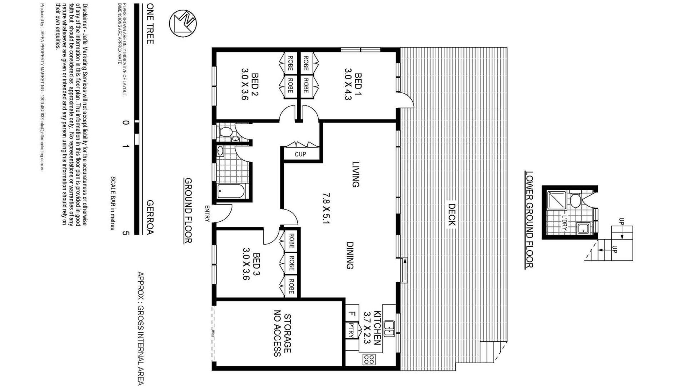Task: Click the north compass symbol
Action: click(183, 23)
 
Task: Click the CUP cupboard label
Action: click(300, 154)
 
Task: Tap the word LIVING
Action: click(356, 174)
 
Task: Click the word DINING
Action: click(350, 256)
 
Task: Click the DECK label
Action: click(451, 215)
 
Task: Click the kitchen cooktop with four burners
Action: click(369, 359)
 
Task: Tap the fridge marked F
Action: click(352, 314)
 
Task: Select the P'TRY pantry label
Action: click(351, 331)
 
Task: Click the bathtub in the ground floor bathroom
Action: click(231, 191)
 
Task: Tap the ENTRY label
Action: click(207, 214)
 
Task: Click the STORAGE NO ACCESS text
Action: click(282, 335)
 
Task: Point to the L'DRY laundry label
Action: click(565, 222)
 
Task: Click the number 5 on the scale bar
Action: click(125, 233)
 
